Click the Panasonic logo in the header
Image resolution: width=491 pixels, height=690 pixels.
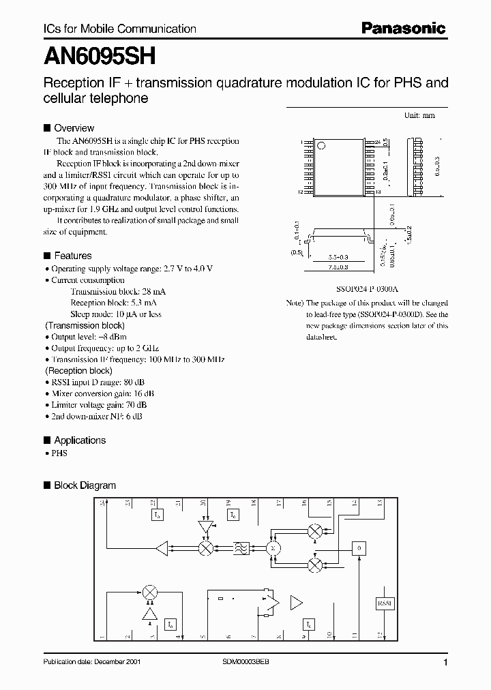[x=403, y=28]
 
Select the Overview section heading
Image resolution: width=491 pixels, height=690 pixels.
[x=74, y=128]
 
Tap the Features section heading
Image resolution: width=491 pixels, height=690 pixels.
[x=72, y=256]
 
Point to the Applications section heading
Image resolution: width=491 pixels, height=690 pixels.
[x=79, y=440]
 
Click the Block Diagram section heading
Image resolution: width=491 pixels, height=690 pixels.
[x=85, y=485]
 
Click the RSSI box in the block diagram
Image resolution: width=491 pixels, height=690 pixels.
[x=385, y=604]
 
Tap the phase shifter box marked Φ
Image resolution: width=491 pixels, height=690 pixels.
[x=359, y=548]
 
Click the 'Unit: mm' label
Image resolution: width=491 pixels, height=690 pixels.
[x=419, y=116]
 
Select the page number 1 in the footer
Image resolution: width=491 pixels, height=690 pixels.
[x=445, y=663]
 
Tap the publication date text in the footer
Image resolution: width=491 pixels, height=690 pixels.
[x=92, y=663]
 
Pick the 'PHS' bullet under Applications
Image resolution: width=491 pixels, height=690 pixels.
[x=59, y=453]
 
